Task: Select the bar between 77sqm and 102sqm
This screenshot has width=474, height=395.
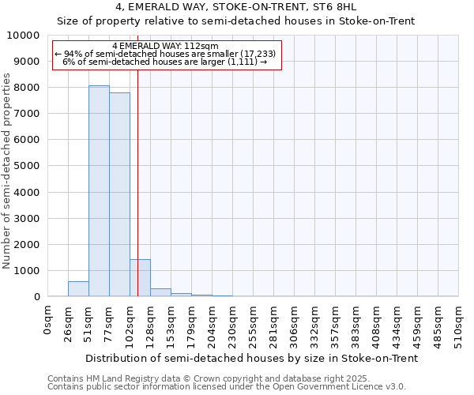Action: point(119,194)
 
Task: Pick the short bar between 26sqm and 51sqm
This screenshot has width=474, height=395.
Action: point(78,289)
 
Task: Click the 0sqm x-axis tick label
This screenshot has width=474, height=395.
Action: point(47,321)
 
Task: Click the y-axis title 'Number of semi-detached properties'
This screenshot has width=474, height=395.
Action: point(8,171)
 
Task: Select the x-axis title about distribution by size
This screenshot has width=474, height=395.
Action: point(251,358)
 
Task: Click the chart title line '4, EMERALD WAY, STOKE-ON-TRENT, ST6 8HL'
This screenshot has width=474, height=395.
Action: point(236,6)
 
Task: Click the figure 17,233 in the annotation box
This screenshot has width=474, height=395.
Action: point(258,54)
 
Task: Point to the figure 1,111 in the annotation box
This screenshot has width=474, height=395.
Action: point(241,62)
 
